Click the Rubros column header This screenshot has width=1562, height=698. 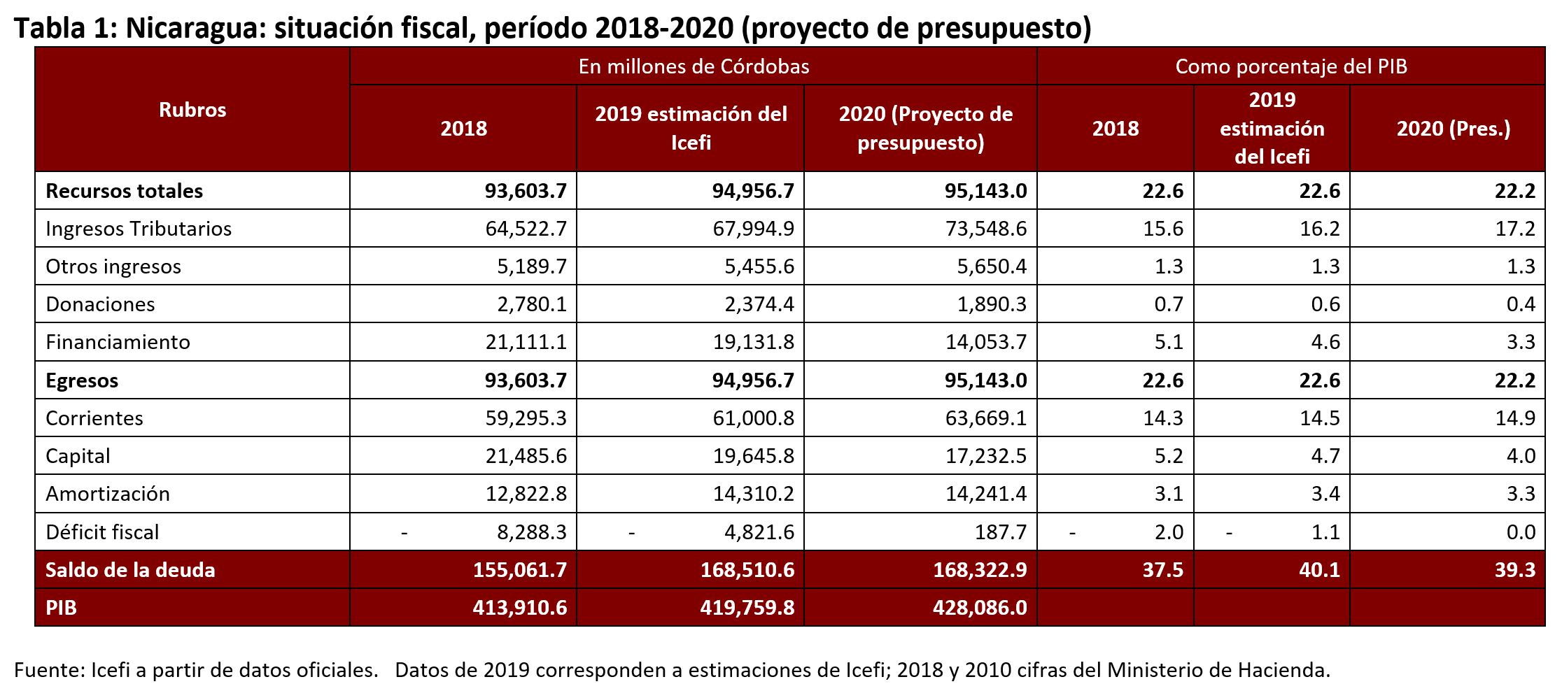[192, 110]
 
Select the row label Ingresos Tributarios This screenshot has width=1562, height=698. [139, 229]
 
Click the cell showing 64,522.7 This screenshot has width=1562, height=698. [526, 229]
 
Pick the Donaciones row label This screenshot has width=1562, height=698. [100, 304]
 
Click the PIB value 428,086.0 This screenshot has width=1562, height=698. [979, 607]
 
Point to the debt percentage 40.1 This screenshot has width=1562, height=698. [1319, 569]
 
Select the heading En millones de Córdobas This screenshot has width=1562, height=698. [694, 66]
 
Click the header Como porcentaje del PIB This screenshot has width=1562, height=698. [1290, 66]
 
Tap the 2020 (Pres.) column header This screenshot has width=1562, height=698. [1454, 129]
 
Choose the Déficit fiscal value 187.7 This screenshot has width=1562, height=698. [1001, 532]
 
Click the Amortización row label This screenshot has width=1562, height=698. [108, 494]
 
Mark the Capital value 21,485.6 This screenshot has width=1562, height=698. [526, 456]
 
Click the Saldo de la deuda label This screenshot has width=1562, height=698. [130, 569]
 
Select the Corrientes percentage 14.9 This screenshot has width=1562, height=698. [1515, 418]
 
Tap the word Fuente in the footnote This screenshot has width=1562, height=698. [48, 670]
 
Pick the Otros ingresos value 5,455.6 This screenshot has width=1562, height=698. [759, 266]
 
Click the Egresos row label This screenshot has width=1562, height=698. [82, 380]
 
